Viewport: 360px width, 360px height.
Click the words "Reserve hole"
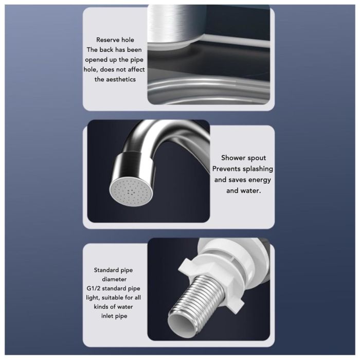tap(115, 40)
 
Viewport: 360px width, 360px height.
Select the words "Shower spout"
tap(243, 158)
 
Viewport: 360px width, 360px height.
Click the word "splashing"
tap(258, 169)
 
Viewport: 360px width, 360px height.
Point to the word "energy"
tap(260, 180)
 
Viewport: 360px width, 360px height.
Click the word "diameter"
tap(114, 279)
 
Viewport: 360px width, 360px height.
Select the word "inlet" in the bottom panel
tap(107, 316)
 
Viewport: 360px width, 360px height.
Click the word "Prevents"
tap(226, 169)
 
